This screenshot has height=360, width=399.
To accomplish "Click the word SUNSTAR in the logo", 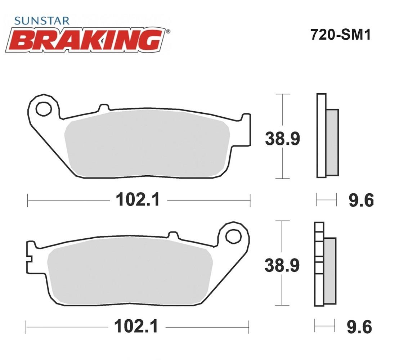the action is (x=42, y=21).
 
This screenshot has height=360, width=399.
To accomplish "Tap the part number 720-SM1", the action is (x=340, y=35).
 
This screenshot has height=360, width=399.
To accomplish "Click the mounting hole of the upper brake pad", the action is (x=44, y=109).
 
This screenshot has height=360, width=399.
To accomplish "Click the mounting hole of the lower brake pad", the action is (x=233, y=237).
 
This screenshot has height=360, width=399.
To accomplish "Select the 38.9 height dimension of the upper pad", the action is (x=282, y=139).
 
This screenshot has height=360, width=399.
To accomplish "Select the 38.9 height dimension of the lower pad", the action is (x=282, y=265).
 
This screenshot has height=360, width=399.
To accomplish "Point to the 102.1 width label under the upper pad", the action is (x=138, y=200).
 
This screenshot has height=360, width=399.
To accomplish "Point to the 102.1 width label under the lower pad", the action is (x=136, y=327).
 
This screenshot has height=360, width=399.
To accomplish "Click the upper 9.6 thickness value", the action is (x=361, y=200).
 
